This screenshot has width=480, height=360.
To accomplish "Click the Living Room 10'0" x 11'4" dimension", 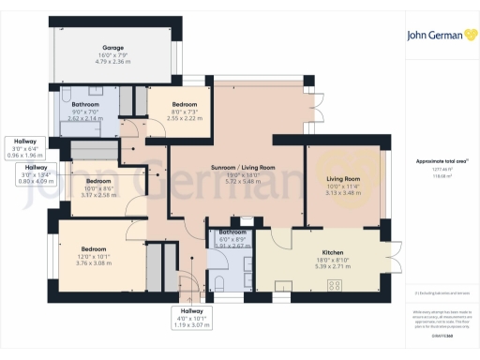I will pyautogui.click(x=343, y=185).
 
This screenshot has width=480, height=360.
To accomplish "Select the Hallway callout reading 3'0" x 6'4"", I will pyautogui.click(x=24, y=150).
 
